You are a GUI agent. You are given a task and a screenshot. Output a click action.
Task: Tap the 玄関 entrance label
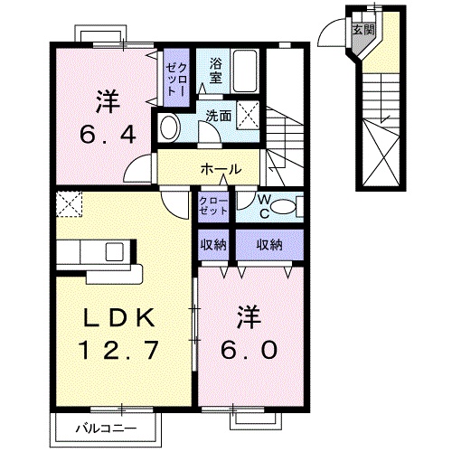click(x=361, y=30)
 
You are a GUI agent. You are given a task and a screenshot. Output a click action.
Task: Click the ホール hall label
click(x=221, y=169)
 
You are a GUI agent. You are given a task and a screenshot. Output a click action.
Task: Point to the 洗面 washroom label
click(x=218, y=115)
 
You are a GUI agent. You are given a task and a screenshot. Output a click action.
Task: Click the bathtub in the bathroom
click(x=246, y=70)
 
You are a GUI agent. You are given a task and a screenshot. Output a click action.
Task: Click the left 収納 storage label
click(x=213, y=244)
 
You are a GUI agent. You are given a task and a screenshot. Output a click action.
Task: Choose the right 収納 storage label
click(x=268, y=244)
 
